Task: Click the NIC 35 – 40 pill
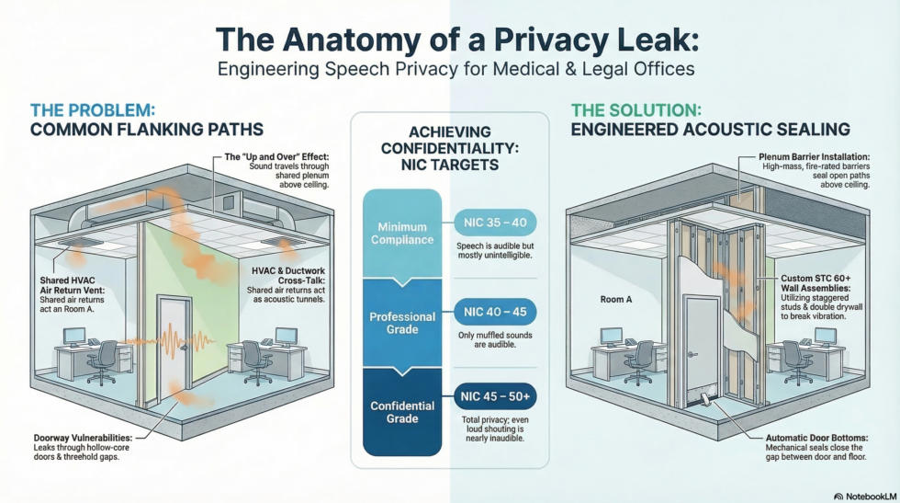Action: click(x=495, y=223)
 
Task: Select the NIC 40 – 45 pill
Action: click(x=495, y=312)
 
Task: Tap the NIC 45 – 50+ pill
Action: click(x=495, y=396)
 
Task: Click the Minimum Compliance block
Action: click(x=402, y=234)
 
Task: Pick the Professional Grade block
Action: click(x=402, y=323)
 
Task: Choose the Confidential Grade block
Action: click(x=402, y=412)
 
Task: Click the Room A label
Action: click(x=616, y=300)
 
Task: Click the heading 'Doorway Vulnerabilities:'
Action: click(x=83, y=438)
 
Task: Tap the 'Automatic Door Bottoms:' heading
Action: click(x=816, y=438)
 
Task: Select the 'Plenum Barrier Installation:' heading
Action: click(x=814, y=157)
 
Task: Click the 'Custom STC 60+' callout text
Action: click(x=816, y=279)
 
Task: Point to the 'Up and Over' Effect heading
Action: click(x=276, y=157)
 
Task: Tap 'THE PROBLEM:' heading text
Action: click(x=93, y=109)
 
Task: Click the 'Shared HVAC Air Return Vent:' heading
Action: click(x=73, y=285)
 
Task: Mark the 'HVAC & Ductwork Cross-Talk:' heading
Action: click(x=288, y=275)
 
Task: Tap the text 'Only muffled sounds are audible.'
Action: click(x=495, y=339)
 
